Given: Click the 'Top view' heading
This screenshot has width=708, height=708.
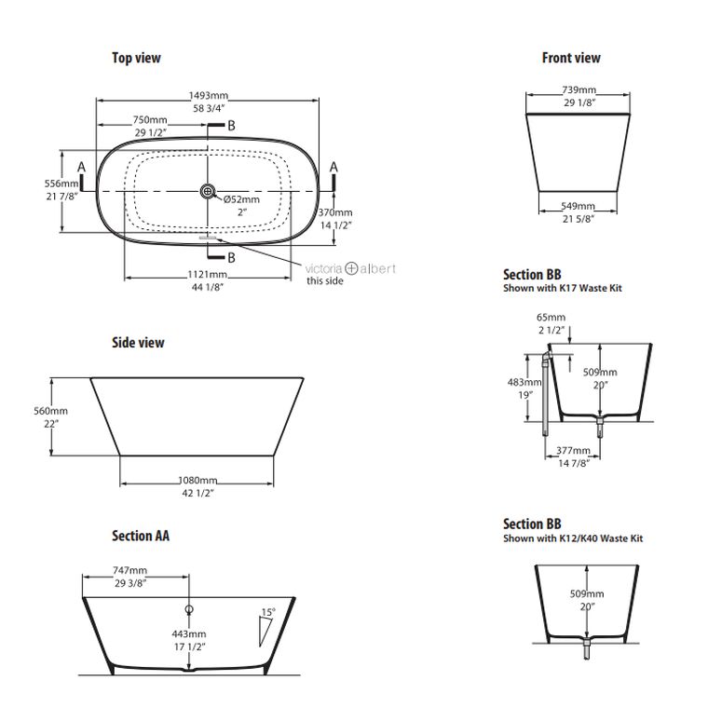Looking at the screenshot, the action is [x=136, y=58].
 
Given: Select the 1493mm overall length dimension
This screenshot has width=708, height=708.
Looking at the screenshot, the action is [x=208, y=96].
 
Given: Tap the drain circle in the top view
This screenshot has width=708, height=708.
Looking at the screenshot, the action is [x=208, y=192].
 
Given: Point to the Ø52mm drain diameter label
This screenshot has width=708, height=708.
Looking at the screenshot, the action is [x=241, y=199].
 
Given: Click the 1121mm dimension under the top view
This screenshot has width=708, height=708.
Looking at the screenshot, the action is [x=207, y=275].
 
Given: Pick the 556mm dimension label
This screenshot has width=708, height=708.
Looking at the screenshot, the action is [x=61, y=184].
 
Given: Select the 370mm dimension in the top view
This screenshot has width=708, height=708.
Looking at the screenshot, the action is [x=335, y=212].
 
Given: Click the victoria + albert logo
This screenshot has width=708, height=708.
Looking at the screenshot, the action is [x=350, y=268].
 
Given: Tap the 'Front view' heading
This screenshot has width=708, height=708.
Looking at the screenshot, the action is [x=571, y=58].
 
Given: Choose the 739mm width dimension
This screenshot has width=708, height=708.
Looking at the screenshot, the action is [x=579, y=89].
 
